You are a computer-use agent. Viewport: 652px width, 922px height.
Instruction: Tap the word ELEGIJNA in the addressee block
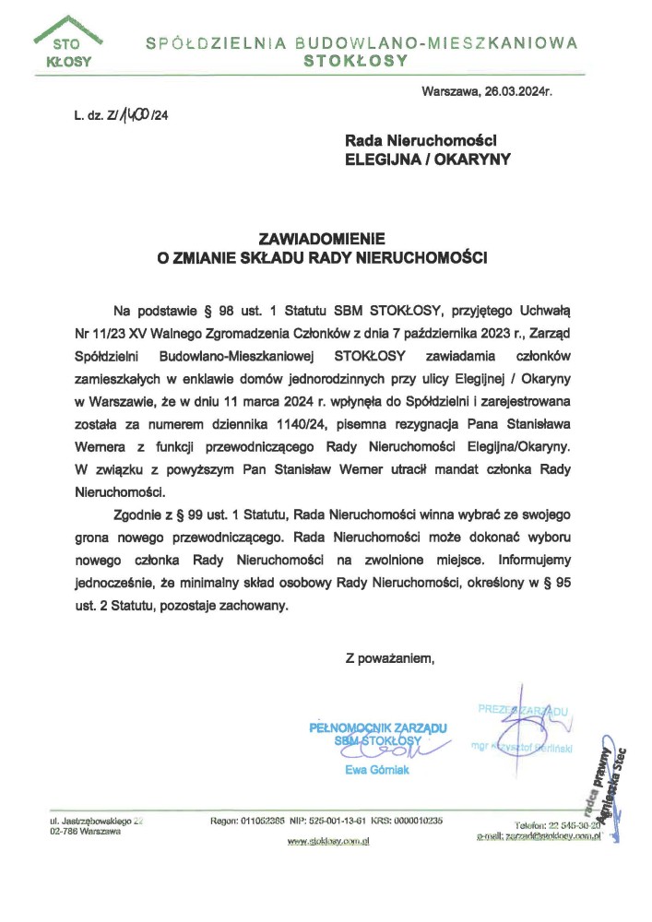click(x=382, y=159)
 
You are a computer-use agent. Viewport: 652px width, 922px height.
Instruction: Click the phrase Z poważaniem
click(x=388, y=658)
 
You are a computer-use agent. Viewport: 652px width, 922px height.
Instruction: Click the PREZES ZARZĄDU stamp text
click(x=523, y=709)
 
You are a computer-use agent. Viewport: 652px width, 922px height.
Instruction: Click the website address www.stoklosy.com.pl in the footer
click(x=328, y=841)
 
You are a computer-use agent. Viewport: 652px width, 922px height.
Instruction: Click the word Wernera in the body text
click(x=137, y=447)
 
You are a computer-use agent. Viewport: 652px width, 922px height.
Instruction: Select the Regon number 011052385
click(x=261, y=821)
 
